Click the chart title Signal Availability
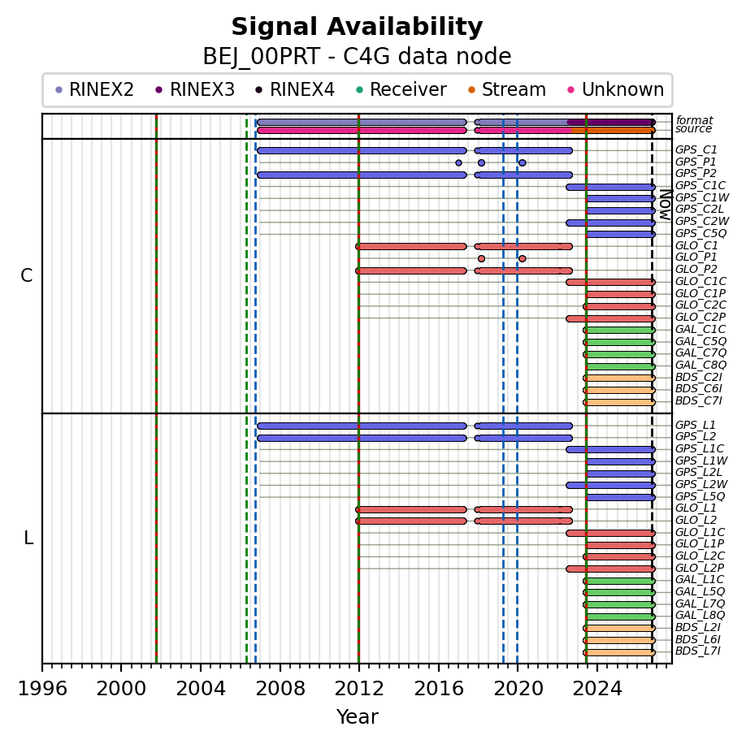[357, 27]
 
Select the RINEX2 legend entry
[94, 89]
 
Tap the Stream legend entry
[507, 89]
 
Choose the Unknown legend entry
[616, 89]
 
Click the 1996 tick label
[42, 689]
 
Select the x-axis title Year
[358, 717]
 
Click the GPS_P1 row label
[696, 162]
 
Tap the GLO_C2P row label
[700, 317]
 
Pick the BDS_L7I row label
[698, 651]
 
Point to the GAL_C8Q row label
[700, 366]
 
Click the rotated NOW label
[666, 205]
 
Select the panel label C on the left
[27, 275]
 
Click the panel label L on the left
[28, 539]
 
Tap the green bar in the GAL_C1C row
[619, 330]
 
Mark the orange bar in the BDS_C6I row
[619, 390]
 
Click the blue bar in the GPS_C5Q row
[621, 234]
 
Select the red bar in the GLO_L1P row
[621, 545]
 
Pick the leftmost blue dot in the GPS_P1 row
[458, 162]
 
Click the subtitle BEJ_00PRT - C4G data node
[357, 57]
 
